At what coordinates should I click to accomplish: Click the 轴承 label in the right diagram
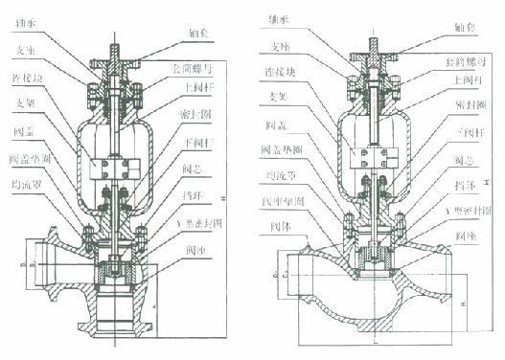point(282,19)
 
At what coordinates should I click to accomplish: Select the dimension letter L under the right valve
point(370,349)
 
